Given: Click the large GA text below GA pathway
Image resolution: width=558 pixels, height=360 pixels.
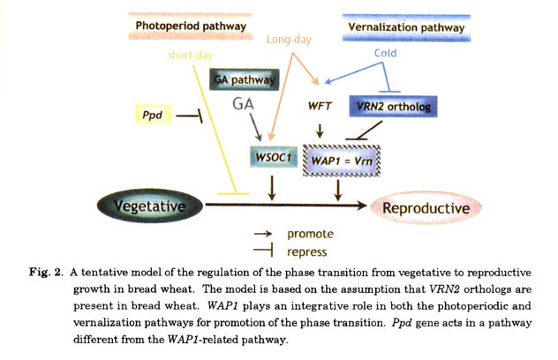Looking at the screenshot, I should point(245,105).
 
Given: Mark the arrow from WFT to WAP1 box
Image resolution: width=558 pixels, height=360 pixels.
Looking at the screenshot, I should point(320,131).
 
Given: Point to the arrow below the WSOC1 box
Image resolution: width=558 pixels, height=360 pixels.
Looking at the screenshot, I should point(273,186).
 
